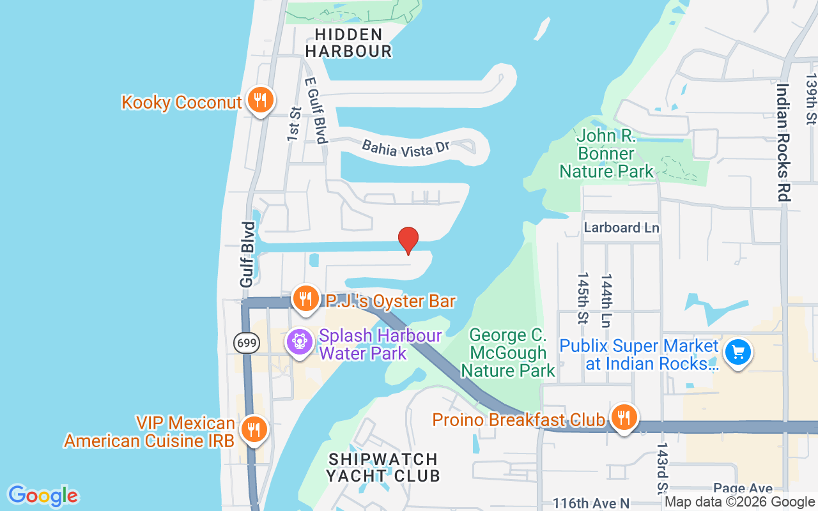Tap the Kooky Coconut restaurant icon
pyautogui.click(x=260, y=100)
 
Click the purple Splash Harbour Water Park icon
pyautogui.click(x=298, y=342)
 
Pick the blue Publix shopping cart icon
pyautogui.click(x=738, y=352)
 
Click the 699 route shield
pyautogui.click(x=247, y=343)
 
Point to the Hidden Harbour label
pyautogui.click(x=349, y=43)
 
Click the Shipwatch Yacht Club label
pyautogui.click(x=383, y=468)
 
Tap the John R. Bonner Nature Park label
pyautogui.click(x=606, y=153)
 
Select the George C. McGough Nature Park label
pyautogui.click(x=508, y=353)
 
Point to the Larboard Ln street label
pyautogui.click(x=621, y=227)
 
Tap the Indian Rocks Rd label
pyautogui.click(x=783, y=142)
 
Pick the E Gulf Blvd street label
pyautogui.click(x=316, y=111)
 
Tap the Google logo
pyautogui.click(x=43, y=495)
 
